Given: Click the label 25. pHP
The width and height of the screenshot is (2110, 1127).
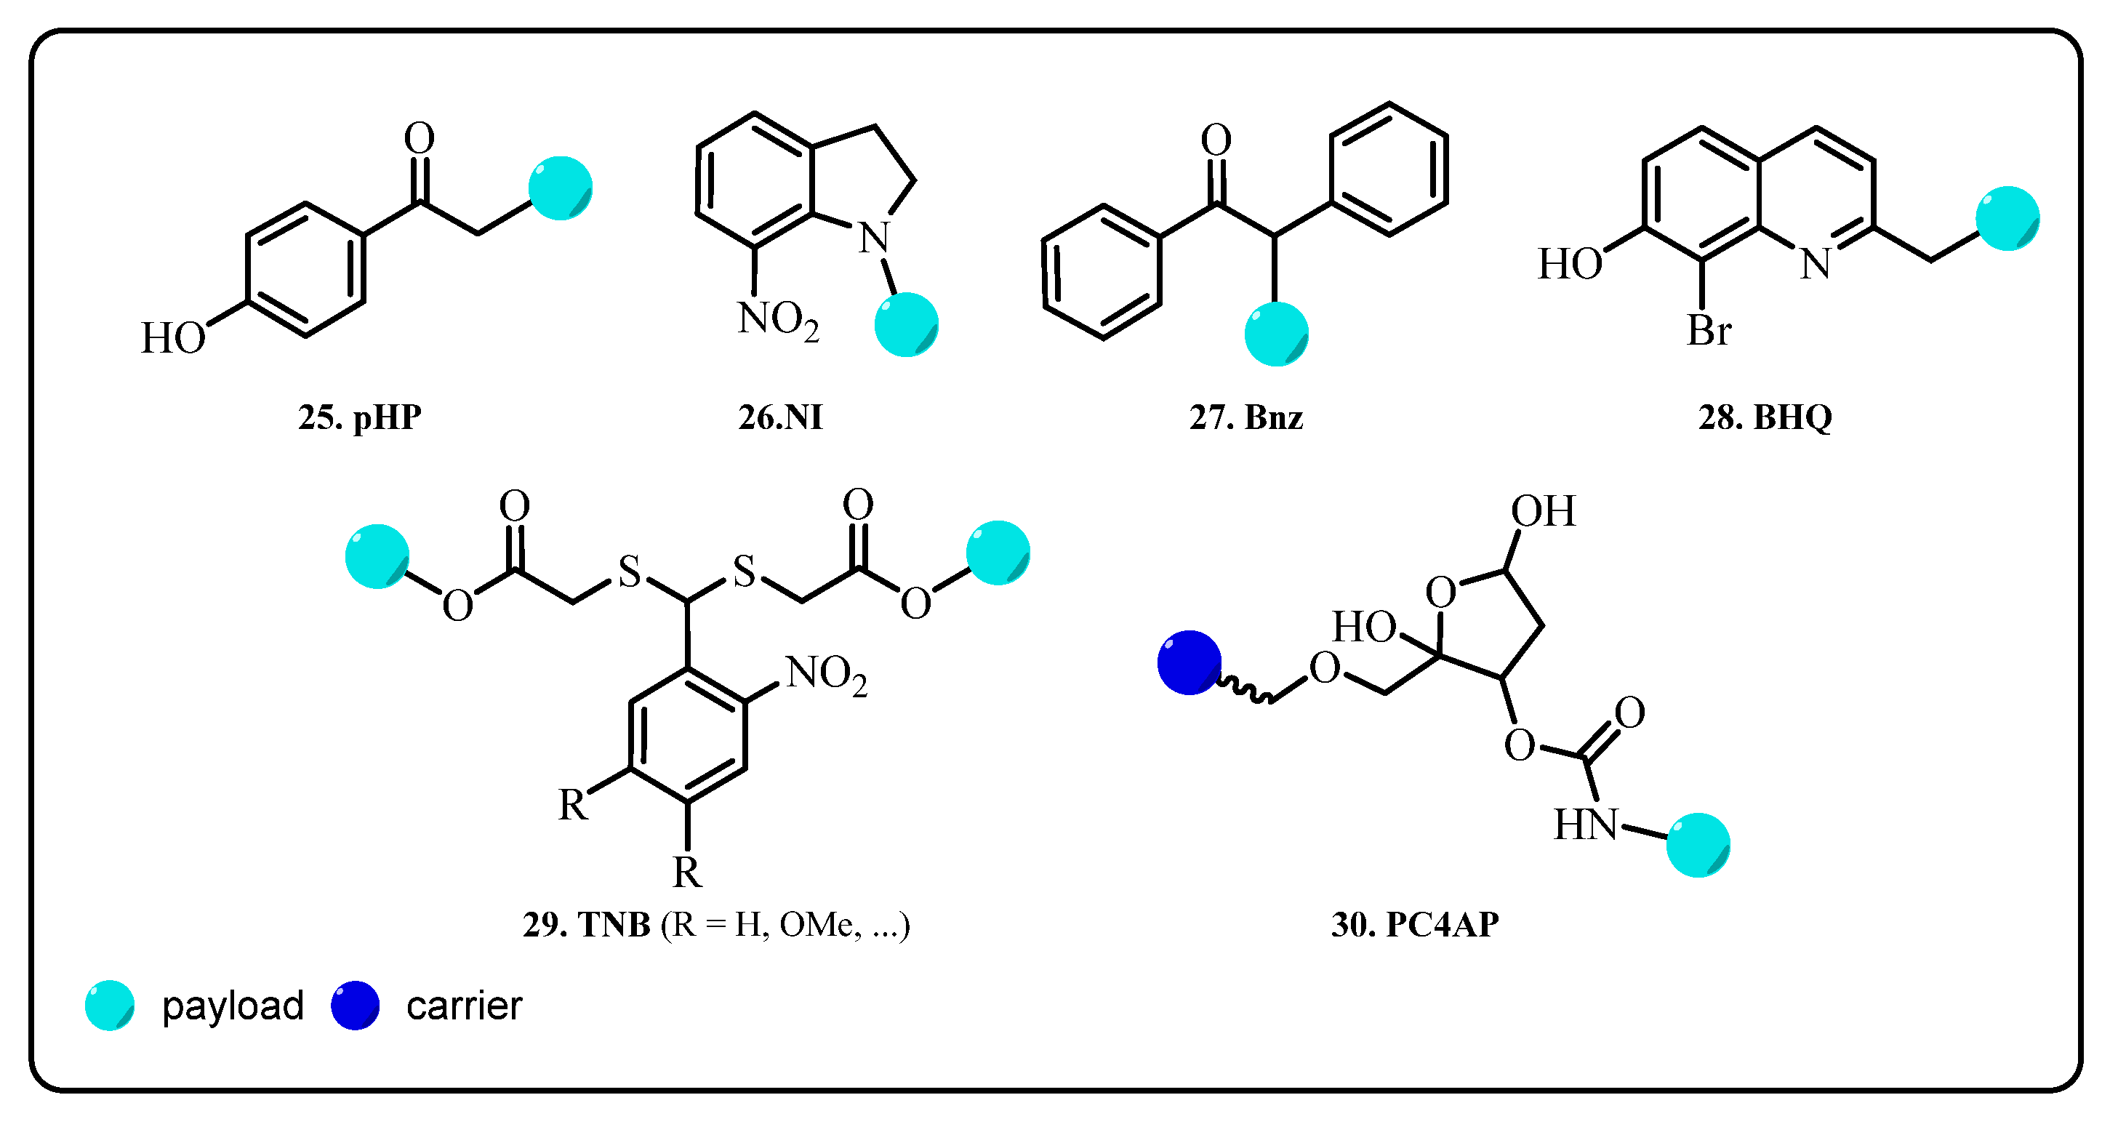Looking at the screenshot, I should pos(360,417).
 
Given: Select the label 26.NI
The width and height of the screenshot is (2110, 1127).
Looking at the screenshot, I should pos(779,417).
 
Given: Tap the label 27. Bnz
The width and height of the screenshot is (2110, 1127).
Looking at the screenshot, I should pos(1245,417).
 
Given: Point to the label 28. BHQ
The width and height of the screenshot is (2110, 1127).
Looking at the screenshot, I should pos(1765,417).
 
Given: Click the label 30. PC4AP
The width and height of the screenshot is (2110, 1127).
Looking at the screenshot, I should pos(1415,925).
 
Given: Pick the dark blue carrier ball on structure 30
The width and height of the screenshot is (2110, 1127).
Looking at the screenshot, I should pos(1189,662).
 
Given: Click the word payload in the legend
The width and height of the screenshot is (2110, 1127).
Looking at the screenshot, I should pos(233,1006).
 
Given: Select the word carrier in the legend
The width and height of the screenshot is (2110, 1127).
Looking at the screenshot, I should pos(464,1006).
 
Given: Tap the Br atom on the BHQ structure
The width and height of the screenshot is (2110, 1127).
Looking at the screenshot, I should pos(1709,331).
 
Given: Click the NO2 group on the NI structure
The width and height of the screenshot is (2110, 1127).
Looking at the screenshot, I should pos(777,319).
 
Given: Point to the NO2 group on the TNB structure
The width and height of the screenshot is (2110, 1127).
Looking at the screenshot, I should pos(826,675).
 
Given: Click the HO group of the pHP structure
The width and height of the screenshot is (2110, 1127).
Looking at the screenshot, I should pos(173,338).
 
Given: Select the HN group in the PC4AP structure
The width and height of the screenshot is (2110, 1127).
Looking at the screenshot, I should pos(1586,825).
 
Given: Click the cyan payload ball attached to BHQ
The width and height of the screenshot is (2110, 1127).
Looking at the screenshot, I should pos(2007,218).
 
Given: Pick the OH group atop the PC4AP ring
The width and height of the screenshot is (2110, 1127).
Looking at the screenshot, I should pos(1543,511).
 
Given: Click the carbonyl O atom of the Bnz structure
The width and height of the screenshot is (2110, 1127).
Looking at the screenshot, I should pos(1216,140).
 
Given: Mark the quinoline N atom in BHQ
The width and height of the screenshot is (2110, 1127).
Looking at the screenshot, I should pos(1815,264).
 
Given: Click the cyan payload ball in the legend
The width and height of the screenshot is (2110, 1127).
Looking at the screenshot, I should pos(110,1006).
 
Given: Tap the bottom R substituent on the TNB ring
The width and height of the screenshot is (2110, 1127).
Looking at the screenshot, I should pos(687,873).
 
